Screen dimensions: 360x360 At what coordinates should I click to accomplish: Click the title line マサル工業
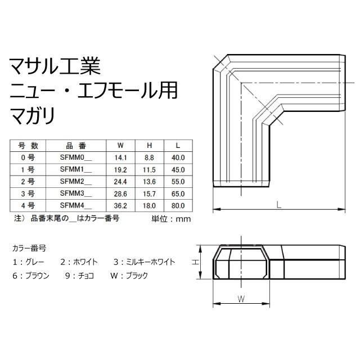click(55, 66)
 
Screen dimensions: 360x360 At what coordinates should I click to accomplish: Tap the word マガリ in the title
click(33, 115)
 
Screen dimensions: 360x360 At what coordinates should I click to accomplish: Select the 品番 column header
click(76, 146)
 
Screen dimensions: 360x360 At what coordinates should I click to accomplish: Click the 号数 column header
click(28, 146)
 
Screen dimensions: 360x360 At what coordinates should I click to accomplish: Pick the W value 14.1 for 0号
click(120, 157)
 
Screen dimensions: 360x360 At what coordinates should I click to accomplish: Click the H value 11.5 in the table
click(149, 170)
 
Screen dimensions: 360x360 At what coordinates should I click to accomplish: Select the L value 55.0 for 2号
click(178, 182)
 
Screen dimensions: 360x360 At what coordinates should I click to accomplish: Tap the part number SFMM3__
click(76, 193)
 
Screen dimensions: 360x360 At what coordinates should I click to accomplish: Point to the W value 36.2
click(120, 206)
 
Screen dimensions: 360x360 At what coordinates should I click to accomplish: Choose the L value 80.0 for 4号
click(178, 206)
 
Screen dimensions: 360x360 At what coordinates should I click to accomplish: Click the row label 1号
click(28, 170)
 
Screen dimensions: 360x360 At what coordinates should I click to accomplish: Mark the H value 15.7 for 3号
click(149, 193)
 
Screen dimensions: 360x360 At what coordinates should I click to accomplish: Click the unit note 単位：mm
click(171, 219)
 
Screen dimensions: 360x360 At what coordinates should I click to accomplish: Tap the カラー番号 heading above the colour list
click(29, 248)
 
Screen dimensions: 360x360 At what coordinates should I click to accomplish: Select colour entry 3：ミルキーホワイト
click(145, 262)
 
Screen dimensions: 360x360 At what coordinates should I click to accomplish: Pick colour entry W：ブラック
click(129, 276)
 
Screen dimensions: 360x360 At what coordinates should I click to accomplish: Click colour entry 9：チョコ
click(80, 276)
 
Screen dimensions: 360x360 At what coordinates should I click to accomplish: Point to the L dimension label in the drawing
click(279, 205)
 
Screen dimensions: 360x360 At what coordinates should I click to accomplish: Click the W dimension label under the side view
click(241, 299)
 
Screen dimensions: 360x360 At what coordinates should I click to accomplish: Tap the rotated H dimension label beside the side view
click(195, 262)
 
